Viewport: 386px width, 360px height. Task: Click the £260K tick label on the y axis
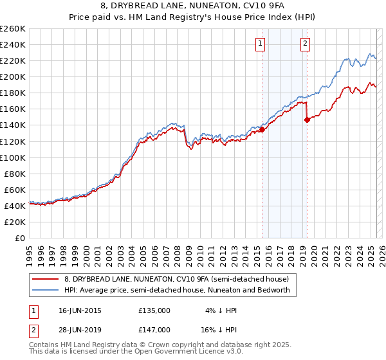13,29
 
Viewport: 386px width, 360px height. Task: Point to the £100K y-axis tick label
13,157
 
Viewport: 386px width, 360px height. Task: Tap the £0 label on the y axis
21,239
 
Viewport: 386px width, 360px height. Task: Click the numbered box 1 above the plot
261,44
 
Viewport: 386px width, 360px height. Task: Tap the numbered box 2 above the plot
304,44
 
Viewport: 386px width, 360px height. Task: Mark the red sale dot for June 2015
262,129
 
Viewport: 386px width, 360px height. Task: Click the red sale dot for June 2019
308,119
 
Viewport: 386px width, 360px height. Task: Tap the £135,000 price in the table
154,310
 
